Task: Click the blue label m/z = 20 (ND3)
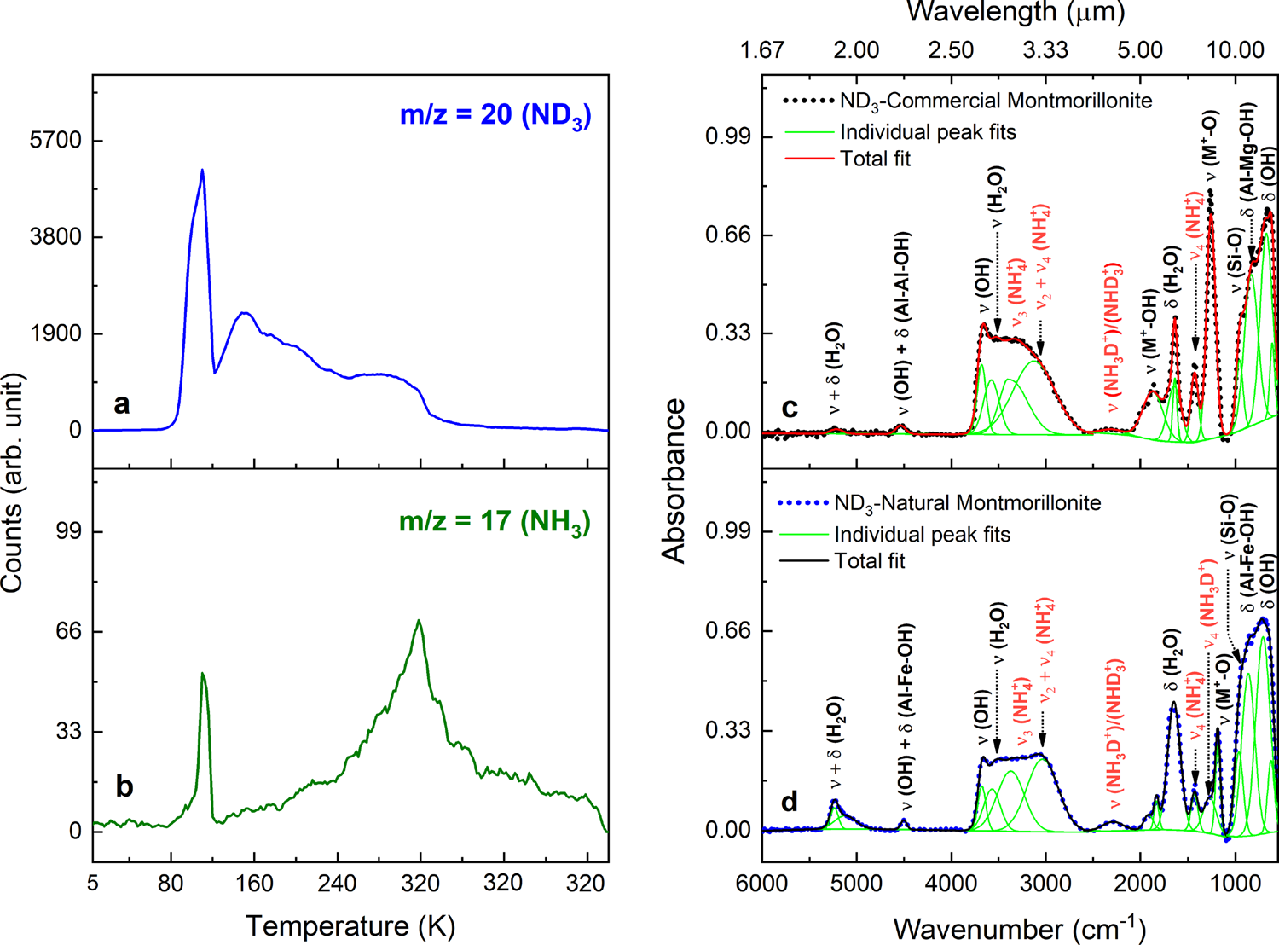click(x=495, y=115)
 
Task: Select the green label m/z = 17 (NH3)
click(x=495, y=521)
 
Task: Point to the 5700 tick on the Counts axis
click(x=55, y=140)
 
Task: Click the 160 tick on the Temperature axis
click(x=253, y=882)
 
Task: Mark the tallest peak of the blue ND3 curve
click(x=202, y=170)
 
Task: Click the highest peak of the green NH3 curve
click(x=418, y=621)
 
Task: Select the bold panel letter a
click(x=122, y=403)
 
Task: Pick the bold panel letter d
click(x=790, y=802)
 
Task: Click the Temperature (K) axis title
click(x=350, y=925)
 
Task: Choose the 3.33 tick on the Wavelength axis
click(x=1045, y=50)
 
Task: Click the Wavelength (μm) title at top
click(x=1015, y=12)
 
